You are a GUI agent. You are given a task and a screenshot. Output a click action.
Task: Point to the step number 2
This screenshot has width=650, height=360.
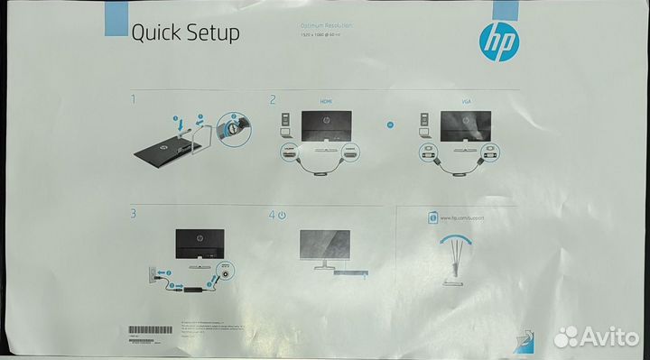271,99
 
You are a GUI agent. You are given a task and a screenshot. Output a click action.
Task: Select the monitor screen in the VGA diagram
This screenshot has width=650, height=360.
465,125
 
